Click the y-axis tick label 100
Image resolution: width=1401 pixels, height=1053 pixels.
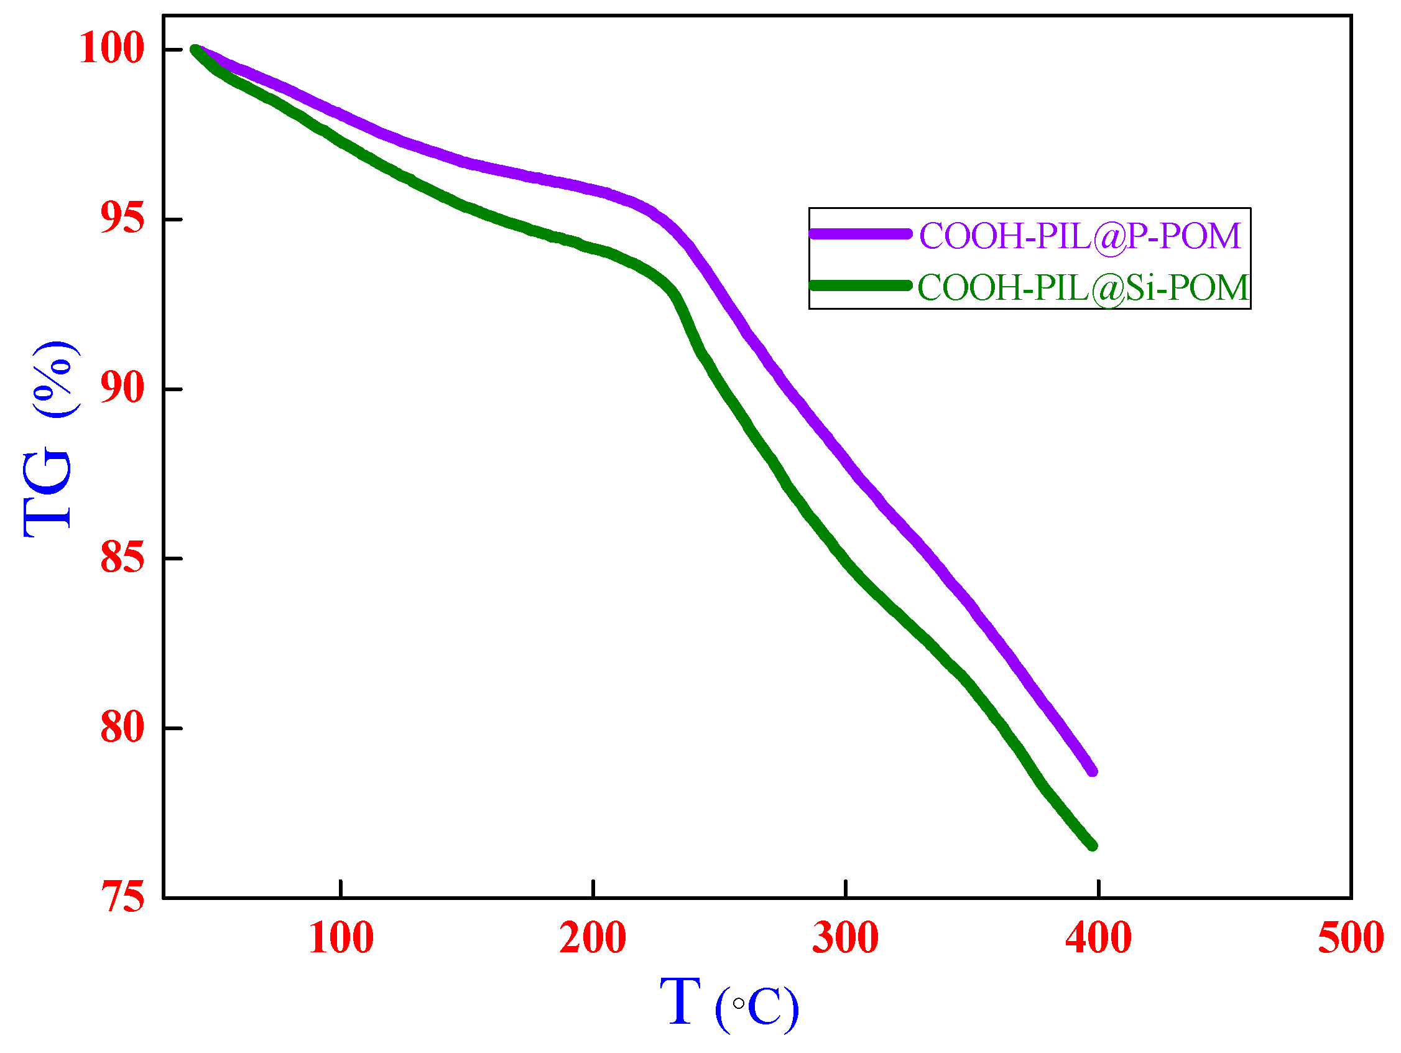click(x=112, y=47)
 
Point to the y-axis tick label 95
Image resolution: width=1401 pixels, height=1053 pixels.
click(x=123, y=218)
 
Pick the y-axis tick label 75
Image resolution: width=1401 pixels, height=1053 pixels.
click(x=123, y=897)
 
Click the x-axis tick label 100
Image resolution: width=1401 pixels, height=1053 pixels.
click(x=341, y=939)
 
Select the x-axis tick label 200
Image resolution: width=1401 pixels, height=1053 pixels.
click(x=593, y=939)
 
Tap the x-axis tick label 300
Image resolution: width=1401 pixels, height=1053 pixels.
click(x=845, y=939)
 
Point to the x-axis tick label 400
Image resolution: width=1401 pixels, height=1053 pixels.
click(x=1098, y=939)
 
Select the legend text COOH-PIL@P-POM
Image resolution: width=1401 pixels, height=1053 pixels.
click(x=1080, y=236)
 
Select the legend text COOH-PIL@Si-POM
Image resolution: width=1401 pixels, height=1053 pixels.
click(x=1083, y=287)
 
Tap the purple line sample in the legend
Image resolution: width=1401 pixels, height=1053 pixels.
click(x=860, y=234)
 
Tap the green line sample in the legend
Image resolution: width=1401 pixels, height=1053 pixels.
click(x=860, y=285)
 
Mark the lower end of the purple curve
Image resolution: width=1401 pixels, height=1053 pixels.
click(x=1093, y=771)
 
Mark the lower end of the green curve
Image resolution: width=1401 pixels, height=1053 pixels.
click(x=1093, y=845)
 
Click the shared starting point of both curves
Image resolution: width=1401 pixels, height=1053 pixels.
click(x=195, y=49)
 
